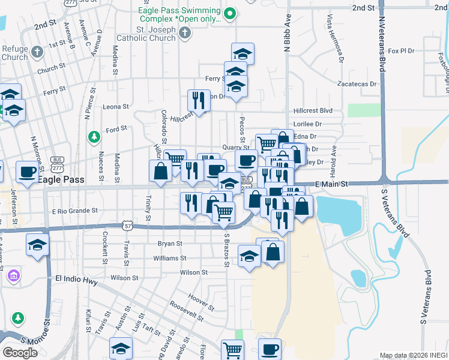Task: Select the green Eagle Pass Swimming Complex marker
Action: [x=229, y=13]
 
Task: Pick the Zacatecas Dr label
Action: [x=357, y=84]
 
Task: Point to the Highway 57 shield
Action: [x=128, y=225]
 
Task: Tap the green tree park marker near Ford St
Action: [x=94, y=137]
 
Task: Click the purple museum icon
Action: [x=13, y=277]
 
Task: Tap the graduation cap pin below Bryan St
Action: [x=249, y=256]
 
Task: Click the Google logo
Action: [x=20, y=353]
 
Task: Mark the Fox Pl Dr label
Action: [x=402, y=51]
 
